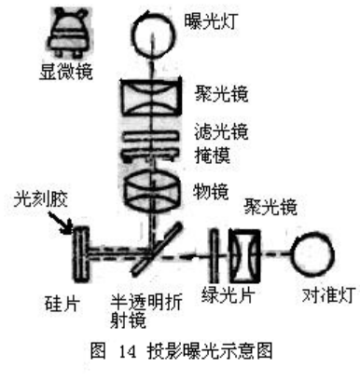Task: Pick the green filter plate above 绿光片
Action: click(217, 252)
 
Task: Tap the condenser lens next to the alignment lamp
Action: click(245, 252)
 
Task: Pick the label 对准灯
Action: click(314, 301)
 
